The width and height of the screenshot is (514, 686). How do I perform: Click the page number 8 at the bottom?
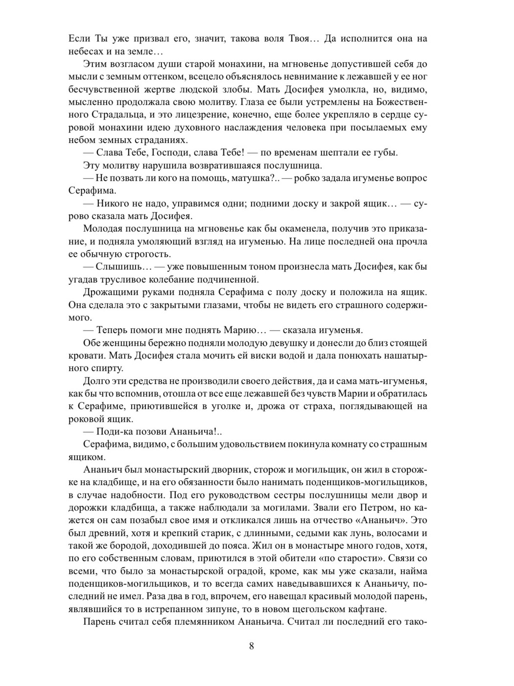pos(252,645)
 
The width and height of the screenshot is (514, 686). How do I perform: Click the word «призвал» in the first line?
pos(128,39)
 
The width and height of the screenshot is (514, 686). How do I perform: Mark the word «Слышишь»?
pos(123,267)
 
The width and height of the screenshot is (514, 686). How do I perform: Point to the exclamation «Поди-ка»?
pos(115,432)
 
